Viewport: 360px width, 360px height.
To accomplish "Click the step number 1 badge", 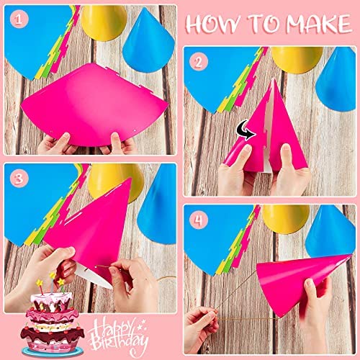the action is point(19,19).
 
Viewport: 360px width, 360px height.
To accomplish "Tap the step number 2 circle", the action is point(199,62).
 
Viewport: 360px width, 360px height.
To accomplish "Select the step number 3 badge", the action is point(19,179).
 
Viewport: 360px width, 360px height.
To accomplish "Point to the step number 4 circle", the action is point(199,220).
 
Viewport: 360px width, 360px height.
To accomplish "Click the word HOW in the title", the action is point(213,24).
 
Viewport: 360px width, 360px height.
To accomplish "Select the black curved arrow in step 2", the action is point(246,130).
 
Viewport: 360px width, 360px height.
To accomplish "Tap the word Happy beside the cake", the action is point(113,328).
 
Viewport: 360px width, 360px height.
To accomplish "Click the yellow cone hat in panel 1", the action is point(104,23).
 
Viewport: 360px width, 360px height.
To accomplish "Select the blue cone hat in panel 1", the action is point(149,41).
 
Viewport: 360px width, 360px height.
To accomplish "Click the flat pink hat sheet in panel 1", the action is point(94,103).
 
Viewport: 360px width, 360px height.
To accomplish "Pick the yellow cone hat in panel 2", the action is point(297,59).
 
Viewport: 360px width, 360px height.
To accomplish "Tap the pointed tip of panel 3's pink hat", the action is point(130,179).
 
